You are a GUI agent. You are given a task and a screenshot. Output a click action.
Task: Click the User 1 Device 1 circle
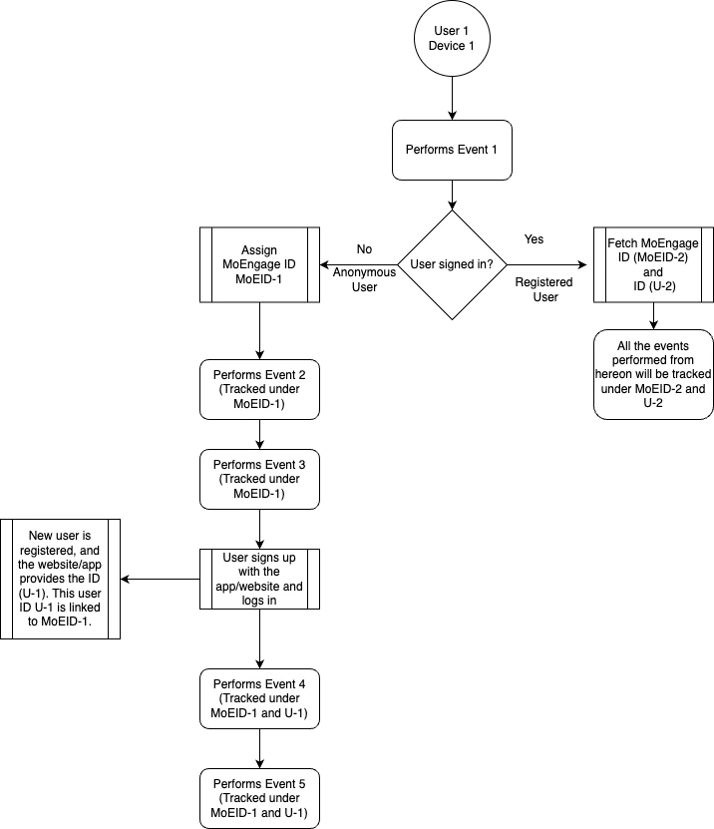tap(452, 38)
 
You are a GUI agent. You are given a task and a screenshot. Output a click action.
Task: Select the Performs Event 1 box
tap(452, 151)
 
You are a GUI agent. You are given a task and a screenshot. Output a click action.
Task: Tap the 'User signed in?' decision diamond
tap(452, 265)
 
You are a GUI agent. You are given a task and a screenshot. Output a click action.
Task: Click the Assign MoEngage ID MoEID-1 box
tap(259, 265)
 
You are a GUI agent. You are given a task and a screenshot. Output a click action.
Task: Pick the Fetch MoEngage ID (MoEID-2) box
tap(653, 265)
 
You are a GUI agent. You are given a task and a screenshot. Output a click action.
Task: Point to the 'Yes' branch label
tap(534, 239)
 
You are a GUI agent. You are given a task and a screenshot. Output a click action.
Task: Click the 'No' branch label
tap(364, 249)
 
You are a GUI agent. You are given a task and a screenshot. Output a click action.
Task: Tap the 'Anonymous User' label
tap(364, 279)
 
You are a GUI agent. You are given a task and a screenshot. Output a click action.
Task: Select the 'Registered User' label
tap(544, 289)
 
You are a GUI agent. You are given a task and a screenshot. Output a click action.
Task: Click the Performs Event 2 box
tap(259, 390)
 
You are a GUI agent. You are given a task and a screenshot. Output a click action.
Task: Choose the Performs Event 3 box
tap(259, 480)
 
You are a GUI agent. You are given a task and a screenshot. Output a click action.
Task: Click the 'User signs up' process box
tap(259, 579)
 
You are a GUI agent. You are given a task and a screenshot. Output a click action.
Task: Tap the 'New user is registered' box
tap(60, 579)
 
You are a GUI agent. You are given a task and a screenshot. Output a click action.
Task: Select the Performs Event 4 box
tap(259, 699)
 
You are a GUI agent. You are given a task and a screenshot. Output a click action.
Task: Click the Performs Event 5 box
tap(259, 798)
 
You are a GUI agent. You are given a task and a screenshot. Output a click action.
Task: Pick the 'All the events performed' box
tap(653, 374)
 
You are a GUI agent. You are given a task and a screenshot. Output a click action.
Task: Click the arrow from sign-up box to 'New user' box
tap(161, 579)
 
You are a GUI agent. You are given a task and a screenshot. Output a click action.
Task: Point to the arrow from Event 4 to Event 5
tap(259, 748)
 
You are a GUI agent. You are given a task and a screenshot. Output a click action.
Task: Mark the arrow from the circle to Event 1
tap(452, 99)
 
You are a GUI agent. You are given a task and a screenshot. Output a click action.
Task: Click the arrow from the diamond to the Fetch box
tap(547, 265)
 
